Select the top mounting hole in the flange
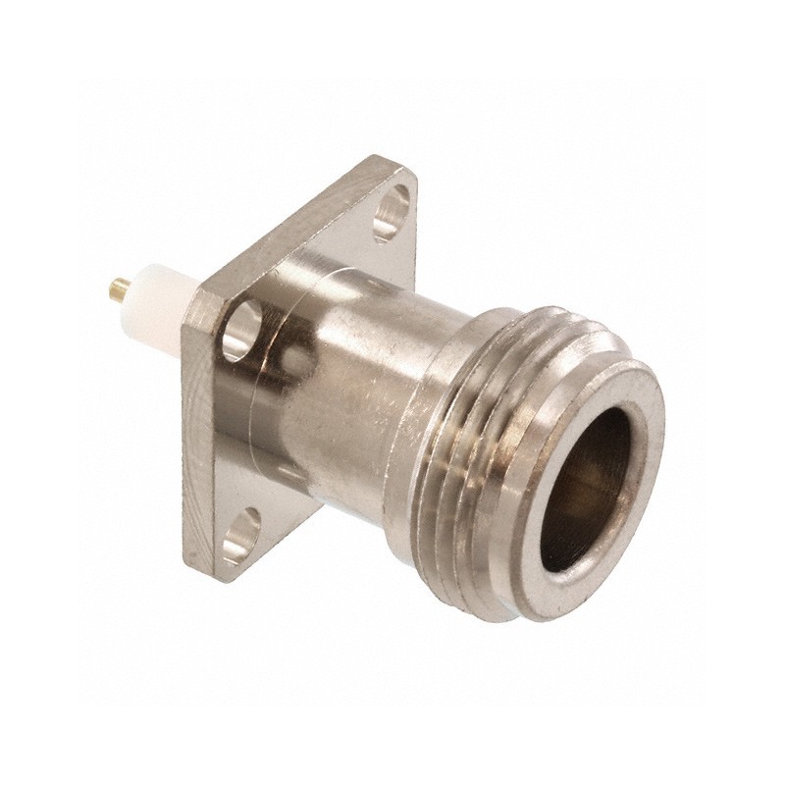coord(393,211)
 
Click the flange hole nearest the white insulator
coord(241,330)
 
